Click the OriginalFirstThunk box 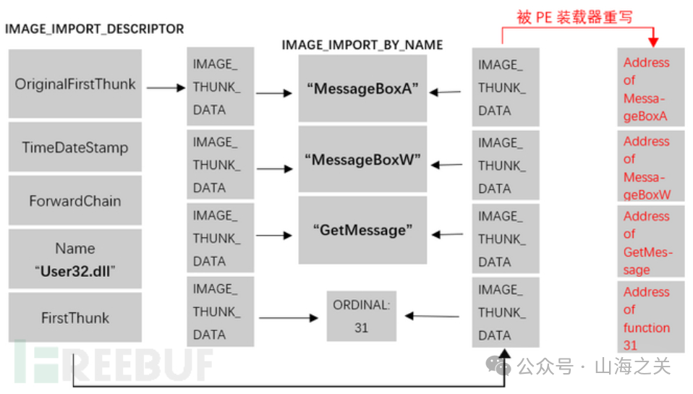tap(75, 84)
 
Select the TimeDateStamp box tap(75, 147)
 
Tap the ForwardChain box tap(75, 201)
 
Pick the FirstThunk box tap(75, 317)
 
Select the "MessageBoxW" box tap(362, 159)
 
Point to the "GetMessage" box tap(362, 230)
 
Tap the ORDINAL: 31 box tap(361, 317)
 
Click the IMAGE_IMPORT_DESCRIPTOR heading tap(95, 29)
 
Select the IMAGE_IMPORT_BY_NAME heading tap(362, 45)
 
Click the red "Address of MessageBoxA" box tap(650, 89)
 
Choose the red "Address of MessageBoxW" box tap(650, 166)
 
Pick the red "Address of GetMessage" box tap(650, 241)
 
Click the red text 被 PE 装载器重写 tap(575, 17)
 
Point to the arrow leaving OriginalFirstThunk tap(166, 87)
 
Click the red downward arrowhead tap(653, 42)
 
